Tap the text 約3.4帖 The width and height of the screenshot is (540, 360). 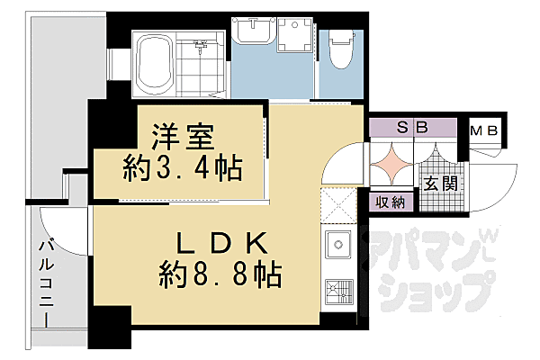click(183, 166)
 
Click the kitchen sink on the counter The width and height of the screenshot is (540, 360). click(339, 244)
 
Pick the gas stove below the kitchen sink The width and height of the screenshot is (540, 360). click(339, 291)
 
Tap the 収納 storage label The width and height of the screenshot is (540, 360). click(391, 202)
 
